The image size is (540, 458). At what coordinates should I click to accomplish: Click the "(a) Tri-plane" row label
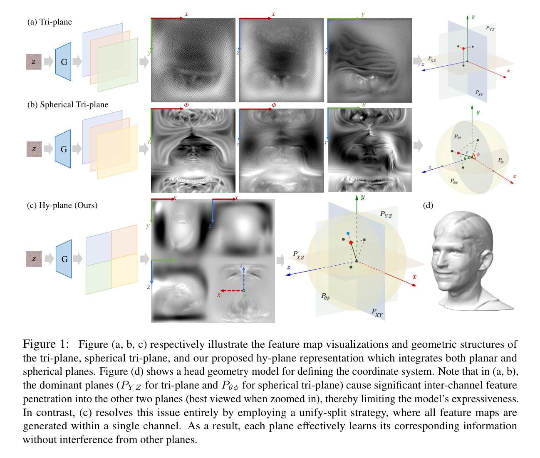[50, 22]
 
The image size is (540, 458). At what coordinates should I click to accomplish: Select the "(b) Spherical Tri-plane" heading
[68, 104]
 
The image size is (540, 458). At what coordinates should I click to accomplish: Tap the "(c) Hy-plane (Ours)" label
[62, 205]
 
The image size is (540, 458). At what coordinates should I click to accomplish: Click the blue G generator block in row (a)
[64, 62]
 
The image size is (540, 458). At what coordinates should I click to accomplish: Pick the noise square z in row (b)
[34, 149]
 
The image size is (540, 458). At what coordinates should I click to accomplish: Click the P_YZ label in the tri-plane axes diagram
[490, 29]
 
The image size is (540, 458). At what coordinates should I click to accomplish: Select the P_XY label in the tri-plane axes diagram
[479, 93]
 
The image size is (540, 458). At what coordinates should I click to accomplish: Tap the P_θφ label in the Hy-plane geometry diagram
[325, 296]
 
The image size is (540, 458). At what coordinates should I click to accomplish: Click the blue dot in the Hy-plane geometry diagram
[348, 234]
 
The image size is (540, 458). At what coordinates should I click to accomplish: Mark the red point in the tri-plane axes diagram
[463, 49]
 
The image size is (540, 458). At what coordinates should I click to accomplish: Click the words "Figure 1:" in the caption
[45, 344]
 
